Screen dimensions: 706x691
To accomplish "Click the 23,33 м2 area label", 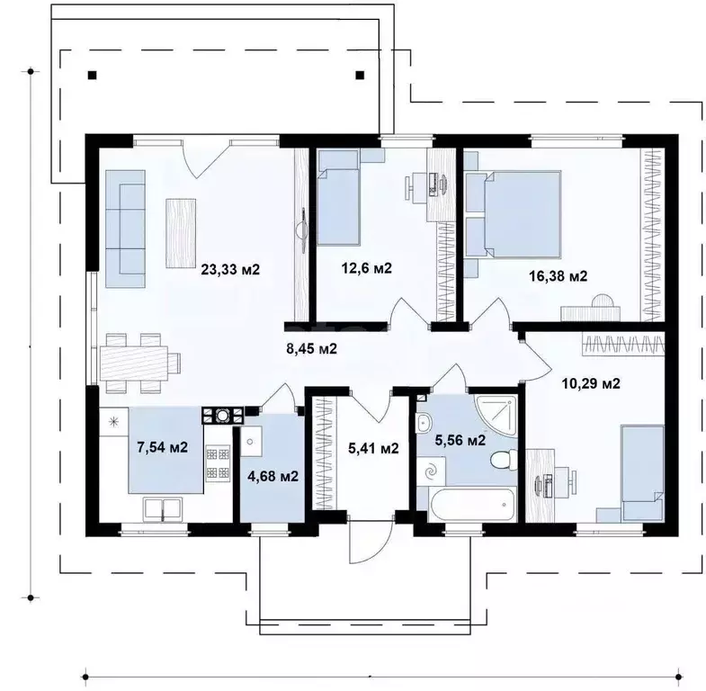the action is click(230, 269).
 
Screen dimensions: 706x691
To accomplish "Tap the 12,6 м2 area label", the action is click(367, 268).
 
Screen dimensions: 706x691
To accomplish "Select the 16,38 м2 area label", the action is click(558, 275).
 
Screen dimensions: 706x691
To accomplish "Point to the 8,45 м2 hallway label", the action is click(311, 348).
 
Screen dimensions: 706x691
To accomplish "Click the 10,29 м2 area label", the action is click(591, 383).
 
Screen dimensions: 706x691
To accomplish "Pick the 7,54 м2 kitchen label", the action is click(162, 447).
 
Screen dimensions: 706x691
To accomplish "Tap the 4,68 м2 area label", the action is click(273, 476).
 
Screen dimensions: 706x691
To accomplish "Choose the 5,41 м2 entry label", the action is click(373, 448).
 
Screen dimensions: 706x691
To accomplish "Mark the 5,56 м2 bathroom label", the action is click(460, 440).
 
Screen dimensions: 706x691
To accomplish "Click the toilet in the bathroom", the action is click(503, 460).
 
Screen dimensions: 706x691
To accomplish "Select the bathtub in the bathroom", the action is click(471, 505).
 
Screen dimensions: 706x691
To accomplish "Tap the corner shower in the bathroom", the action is click(496, 415).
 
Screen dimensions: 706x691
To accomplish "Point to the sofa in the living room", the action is click(125, 229).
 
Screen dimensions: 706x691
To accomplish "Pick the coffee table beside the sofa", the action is click(181, 233).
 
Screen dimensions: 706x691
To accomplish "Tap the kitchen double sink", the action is click(163, 509).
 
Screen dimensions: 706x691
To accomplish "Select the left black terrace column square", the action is click(92, 76).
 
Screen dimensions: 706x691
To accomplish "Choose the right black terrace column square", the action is click(360, 76).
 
